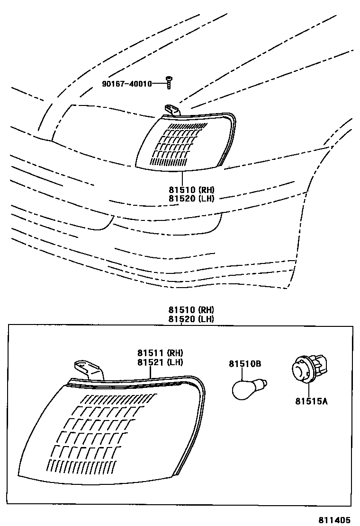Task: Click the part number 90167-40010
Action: click(x=126, y=84)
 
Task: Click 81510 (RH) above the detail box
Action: click(x=191, y=310)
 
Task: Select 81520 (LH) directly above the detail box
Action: click(x=191, y=319)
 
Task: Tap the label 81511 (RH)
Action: click(x=161, y=353)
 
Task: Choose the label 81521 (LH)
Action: click(x=161, y=362)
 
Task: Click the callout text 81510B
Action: click(x=245, y=364)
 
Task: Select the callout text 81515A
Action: click(x=312, y=402)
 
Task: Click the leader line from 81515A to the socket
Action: click(x=309, y=389)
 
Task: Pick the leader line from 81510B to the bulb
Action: click(x=243, y=374)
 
